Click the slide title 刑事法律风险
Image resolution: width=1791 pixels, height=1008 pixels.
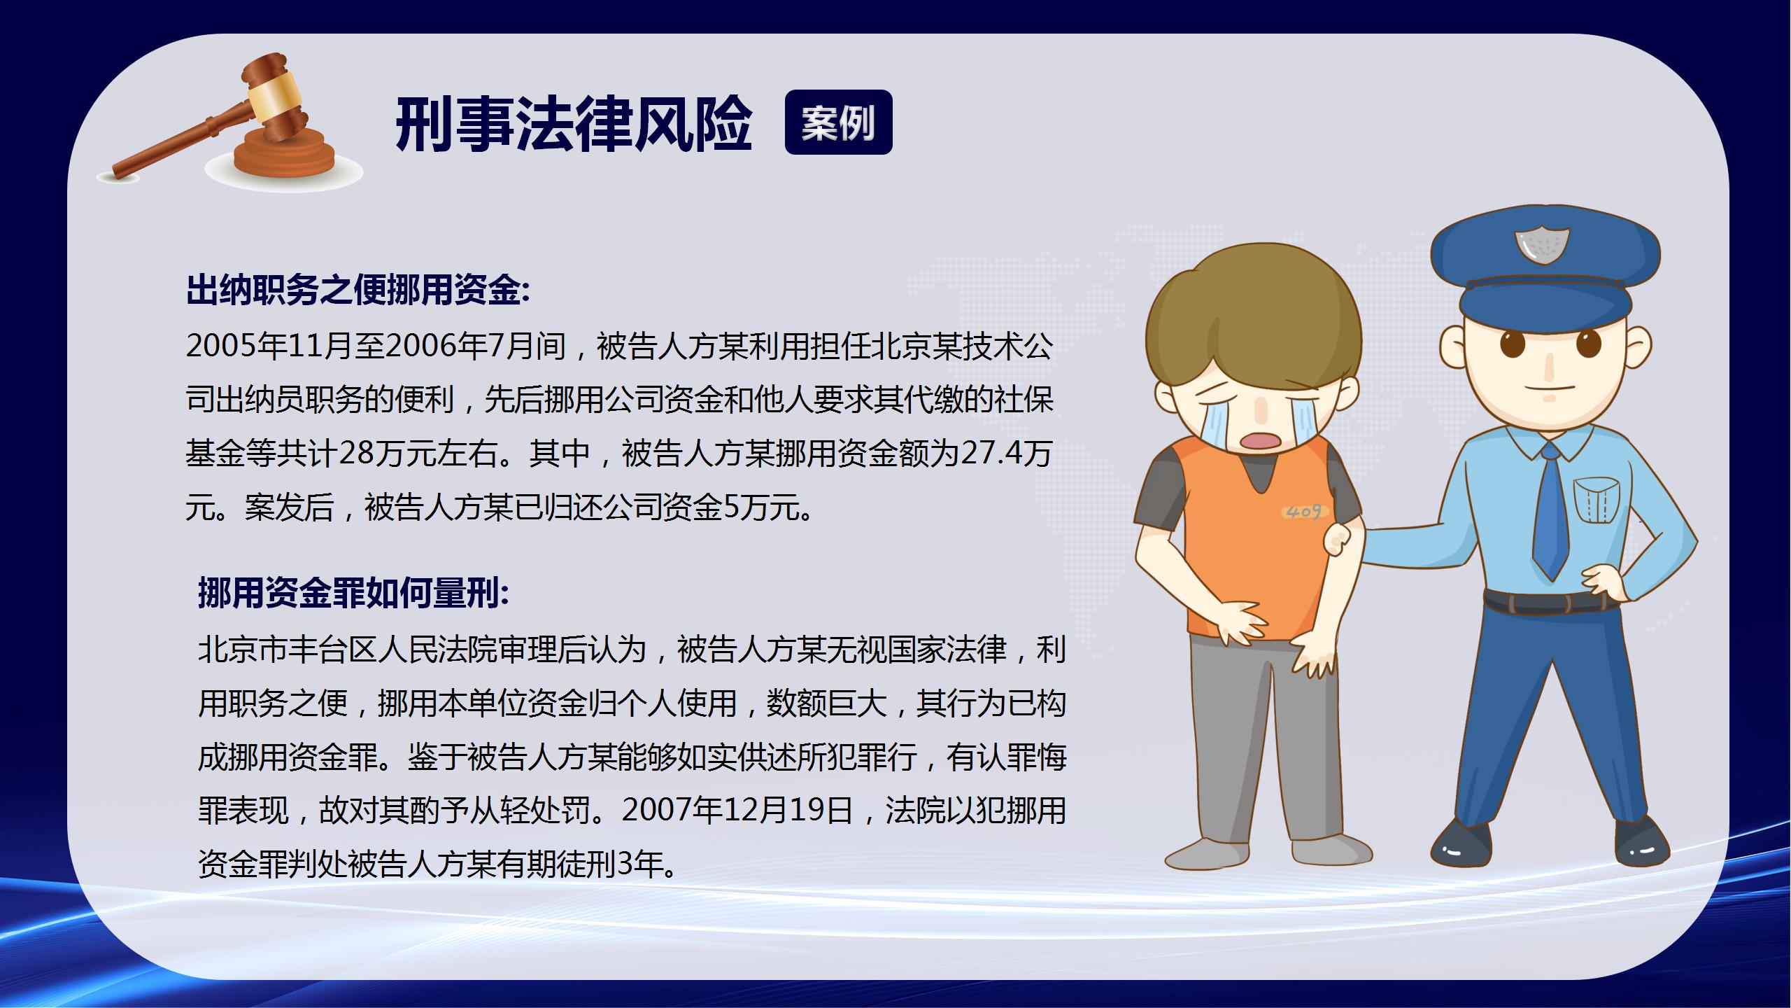574,125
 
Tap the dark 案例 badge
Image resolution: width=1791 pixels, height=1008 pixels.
838,122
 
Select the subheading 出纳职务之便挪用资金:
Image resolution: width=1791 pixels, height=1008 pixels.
358,290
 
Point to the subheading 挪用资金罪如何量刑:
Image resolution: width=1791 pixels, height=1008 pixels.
354,594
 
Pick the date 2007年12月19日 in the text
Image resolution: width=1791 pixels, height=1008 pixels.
738,811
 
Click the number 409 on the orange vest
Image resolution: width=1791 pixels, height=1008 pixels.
1303,512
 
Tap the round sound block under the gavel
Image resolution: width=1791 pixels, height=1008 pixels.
284,158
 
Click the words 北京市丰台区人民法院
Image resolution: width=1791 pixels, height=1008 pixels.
348,650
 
